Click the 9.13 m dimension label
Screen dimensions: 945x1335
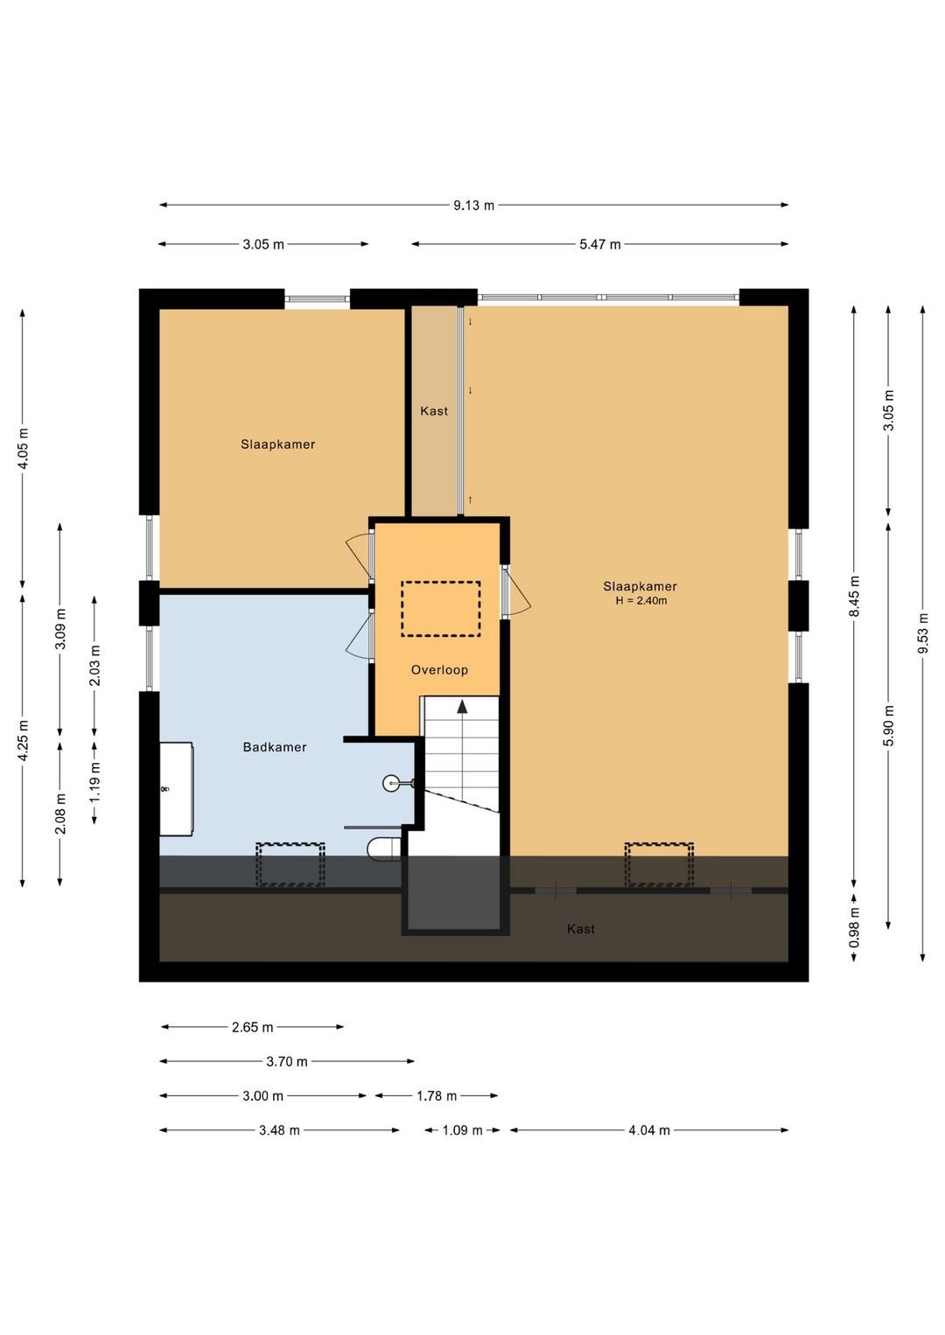tap(473, 206)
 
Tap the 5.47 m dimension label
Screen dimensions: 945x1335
tap(599, 244)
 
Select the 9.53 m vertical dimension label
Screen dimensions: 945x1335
tap(922, 633)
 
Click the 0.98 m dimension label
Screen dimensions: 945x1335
tap(854, 927)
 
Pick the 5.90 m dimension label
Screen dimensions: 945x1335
tap(888, 725)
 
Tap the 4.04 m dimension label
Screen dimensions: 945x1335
tap(649, 1130)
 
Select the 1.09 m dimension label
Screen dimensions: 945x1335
tap(462, 1130)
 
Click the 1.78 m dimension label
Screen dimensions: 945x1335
tap(437, 1095)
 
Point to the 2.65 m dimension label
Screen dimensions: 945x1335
tap(252, 1027)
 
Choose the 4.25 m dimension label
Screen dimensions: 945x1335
tap(23, 740)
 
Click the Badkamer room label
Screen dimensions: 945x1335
tap(275, 747)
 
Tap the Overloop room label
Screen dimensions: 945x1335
tap(439, 670)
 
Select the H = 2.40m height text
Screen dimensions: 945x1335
tap(641, 601)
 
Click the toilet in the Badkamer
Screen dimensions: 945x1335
tap(384, 849)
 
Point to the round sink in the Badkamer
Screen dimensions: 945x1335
tap(392, 783)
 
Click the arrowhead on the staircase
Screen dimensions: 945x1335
tap(462, 707)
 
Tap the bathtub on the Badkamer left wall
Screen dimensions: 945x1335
tap(176, 788)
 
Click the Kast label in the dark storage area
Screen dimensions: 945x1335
tap(581, 929)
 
